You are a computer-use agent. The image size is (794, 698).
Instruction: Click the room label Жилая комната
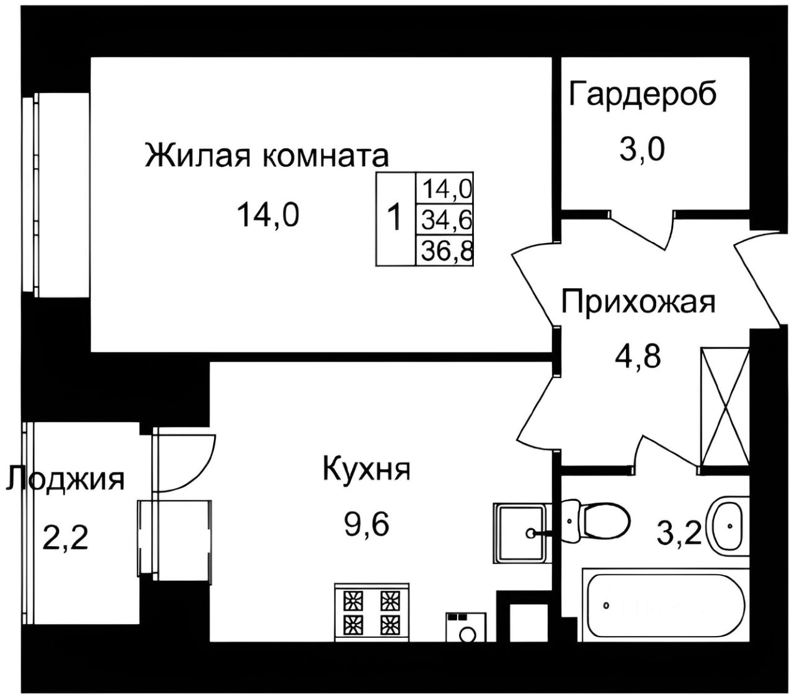click(267, 156)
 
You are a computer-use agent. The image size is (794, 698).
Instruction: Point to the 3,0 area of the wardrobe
click(641, 149)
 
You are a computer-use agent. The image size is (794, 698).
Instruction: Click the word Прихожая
click(638, 303)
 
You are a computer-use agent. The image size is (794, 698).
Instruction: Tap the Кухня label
click(366, 469)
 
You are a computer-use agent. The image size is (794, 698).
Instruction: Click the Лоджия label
click(65, 479)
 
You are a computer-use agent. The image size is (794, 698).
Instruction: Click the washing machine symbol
click(465, 627)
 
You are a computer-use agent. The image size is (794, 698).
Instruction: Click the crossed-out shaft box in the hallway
click(725, 407)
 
